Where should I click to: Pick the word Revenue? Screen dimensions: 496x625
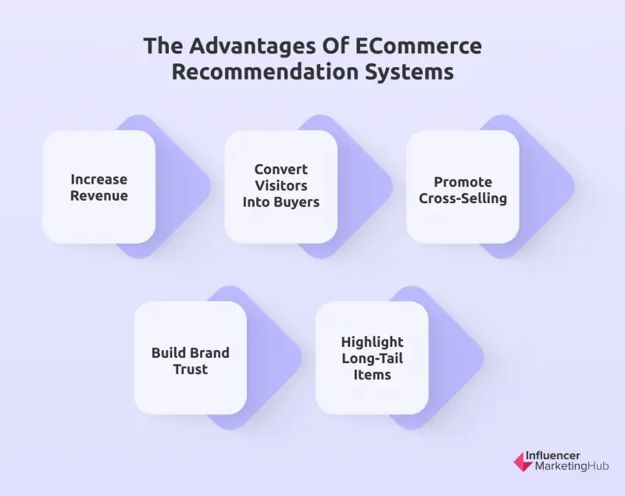(x=98, y=195)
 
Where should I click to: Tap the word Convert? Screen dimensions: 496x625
(x=281, y=169)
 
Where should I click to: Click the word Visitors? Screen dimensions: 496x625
(x=281, y=186)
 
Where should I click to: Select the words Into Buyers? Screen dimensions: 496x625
(x=281, y=202)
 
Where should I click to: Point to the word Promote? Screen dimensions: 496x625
(x=462, y=182)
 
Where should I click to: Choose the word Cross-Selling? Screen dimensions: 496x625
(x=462, y=198)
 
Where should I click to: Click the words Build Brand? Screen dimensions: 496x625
(x=190, y=352)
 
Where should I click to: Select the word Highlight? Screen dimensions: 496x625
(x=372, y=342)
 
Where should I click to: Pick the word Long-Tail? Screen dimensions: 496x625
(x=372, y=359)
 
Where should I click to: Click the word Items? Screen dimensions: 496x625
(x=372, y=374)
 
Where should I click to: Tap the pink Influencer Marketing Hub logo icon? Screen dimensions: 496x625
(x=522, y=462)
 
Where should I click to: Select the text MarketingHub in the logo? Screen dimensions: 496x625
(x=571, y=467)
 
